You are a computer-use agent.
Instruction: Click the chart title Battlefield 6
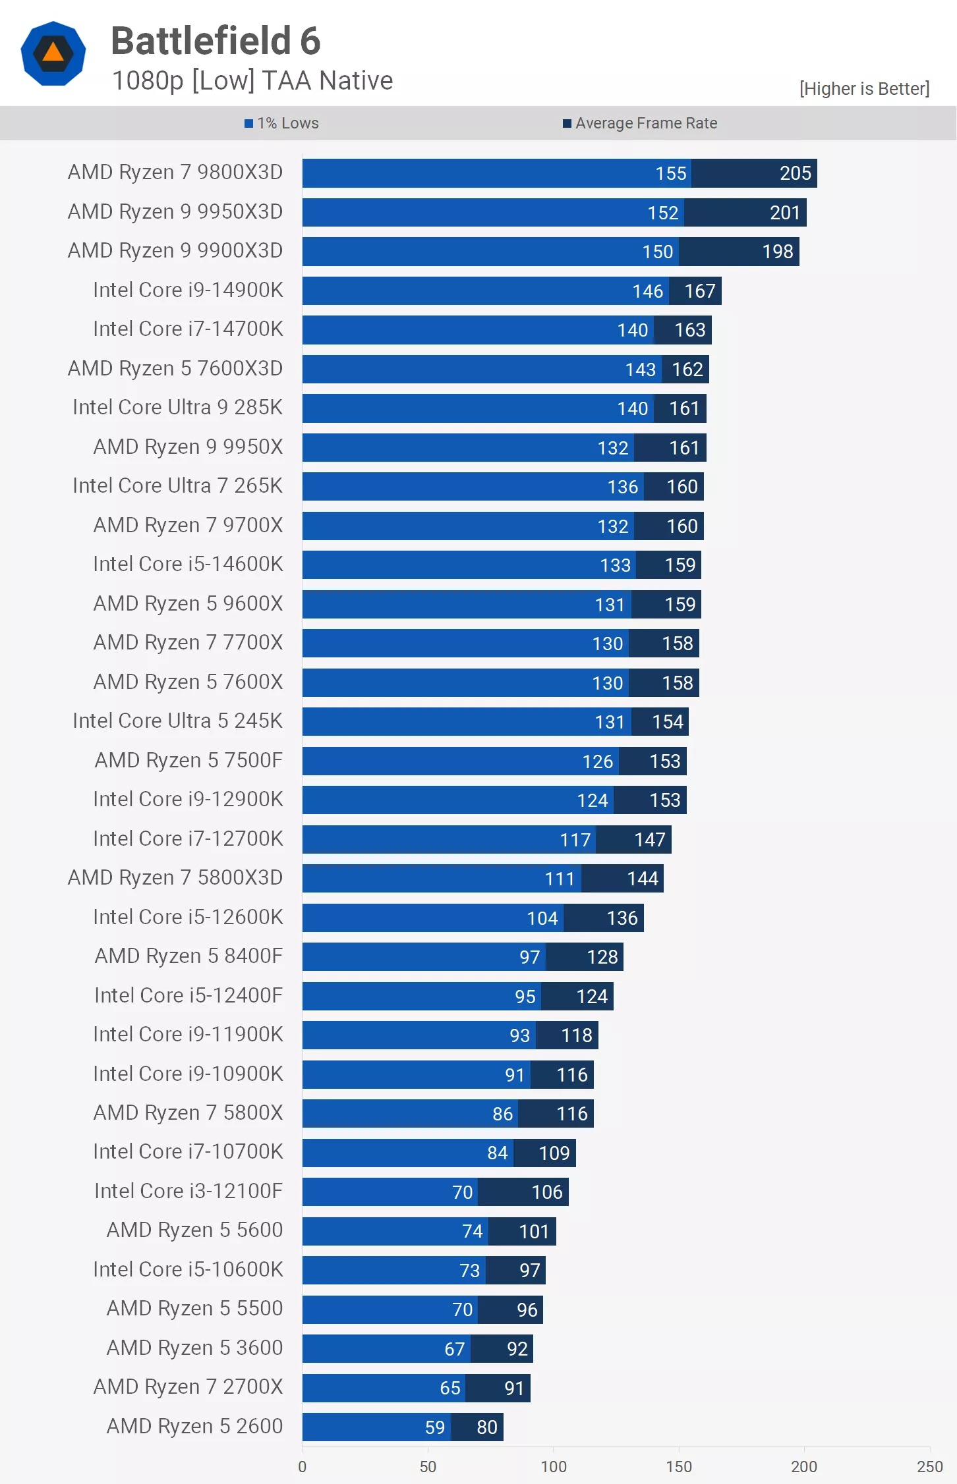[216, 41]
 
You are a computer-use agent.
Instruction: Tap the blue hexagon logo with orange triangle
[53, 53]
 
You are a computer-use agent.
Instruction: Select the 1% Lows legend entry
[282, 123]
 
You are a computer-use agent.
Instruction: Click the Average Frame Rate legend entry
[640, 123]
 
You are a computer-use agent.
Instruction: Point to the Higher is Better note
[864, 89]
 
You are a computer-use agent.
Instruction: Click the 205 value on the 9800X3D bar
[795, 173]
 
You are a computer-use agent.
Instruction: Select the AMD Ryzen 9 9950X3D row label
[175, 211]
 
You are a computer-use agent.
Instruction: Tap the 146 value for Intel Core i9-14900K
[647, 291]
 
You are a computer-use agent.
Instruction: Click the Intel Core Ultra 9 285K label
[177, 407]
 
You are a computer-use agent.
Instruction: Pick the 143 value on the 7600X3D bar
[640, 370]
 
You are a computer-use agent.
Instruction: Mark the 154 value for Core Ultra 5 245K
[667, 722]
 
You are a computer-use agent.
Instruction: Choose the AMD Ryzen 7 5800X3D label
[175, 877]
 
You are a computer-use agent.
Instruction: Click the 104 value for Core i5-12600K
[542, 918]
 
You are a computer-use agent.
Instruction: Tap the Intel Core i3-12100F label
[188, 1191]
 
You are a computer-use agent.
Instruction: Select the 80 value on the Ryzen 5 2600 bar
[486, 1427]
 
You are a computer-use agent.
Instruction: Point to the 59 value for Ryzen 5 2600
[434, 1427]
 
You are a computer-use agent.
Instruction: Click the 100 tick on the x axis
[553, 1467]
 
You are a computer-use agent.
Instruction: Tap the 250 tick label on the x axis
[929, 1467]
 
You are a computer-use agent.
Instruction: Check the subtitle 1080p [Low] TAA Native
[252, 81]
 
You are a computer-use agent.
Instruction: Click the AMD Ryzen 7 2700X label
[188, 1387]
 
